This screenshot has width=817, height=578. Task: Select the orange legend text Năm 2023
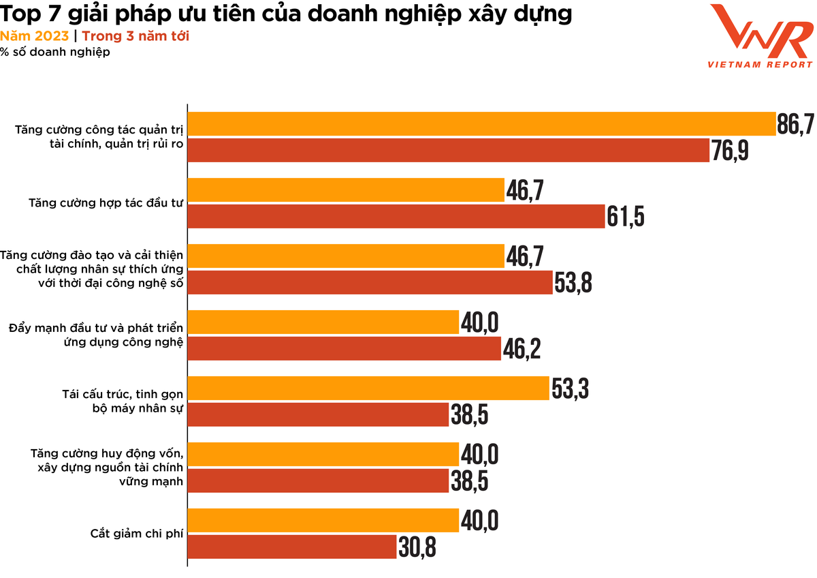pos(34,36)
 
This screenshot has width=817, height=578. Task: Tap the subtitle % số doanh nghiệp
pos(54,52)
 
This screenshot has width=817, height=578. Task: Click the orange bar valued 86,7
pos(481,123)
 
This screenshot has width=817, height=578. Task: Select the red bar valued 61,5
pos(396,217)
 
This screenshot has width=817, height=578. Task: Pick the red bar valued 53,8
pos(370,283)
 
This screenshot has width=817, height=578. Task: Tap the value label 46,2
pos(522,350)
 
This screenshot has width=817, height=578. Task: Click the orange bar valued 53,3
pos(368,389)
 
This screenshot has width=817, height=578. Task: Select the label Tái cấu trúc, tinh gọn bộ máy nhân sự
pos(123,401)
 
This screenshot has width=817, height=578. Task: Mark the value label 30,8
pos(417,547)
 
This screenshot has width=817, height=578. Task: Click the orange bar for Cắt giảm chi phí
pos(323,520)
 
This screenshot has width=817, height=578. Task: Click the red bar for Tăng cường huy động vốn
pos(318,481)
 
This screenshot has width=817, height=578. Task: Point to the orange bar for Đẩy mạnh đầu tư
pos(323,322)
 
